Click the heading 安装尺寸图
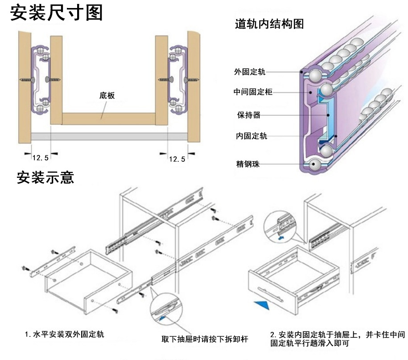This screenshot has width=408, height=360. pyautogui.click(x=56, y=13)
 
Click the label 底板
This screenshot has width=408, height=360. pyautogui.click(x=107, y=95)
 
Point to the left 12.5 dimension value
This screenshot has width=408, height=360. pyautogui.click(x=41, y=158)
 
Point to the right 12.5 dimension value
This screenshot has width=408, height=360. pyautogui.click(x=177, y=159)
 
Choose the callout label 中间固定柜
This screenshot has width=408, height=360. pyautogui.click(x=252, y=92)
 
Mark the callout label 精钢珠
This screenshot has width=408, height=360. pyautogui.click(x=248, y=164)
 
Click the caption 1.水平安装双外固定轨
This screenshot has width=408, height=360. pyautogui.click(x=65, y=334)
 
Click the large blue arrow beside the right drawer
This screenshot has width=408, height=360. pyautogui.click(x=264, y=306)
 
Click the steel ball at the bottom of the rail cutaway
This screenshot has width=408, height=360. pyautogui.click(x=316, y=164)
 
